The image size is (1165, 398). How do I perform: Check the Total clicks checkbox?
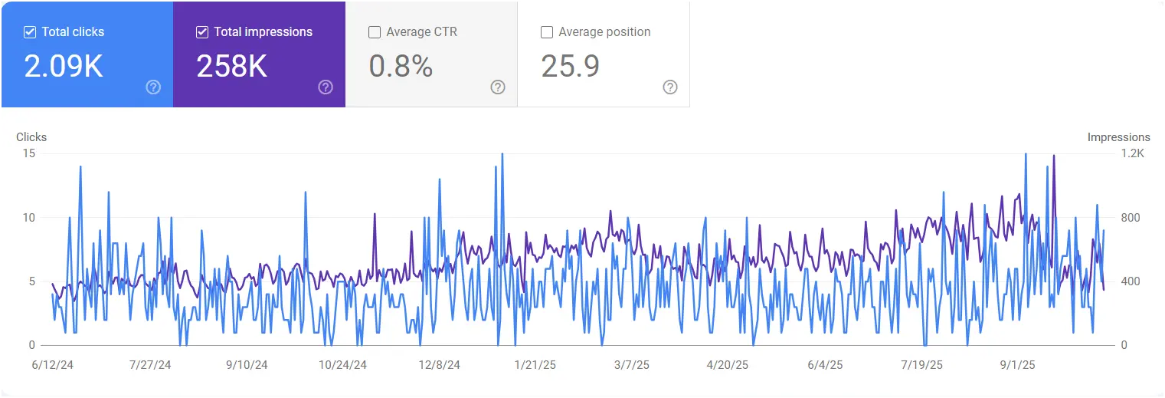point(30,32)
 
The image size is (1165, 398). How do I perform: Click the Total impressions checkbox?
point(202,32)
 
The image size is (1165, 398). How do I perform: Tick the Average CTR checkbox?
point(375,32)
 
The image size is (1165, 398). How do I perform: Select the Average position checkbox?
point(547,32)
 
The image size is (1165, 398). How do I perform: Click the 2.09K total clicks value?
point(64,67)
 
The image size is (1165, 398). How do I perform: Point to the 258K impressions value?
point(231,67)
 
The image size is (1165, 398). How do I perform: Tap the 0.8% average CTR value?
point(401,67)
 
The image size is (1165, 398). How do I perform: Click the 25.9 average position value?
point(570,67)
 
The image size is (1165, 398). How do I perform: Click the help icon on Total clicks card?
point(153,87)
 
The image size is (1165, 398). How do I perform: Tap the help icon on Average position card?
point(670,87)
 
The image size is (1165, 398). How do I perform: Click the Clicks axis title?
point(31,137)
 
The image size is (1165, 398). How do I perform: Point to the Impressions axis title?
point(1118,137)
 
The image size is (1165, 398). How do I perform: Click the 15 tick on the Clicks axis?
point(29,153)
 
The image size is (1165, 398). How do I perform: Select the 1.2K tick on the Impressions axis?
point(1132,153)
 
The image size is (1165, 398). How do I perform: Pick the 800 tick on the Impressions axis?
point(1131,218)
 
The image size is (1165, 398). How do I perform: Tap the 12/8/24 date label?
point(440,365)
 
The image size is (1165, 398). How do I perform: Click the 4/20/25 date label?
point(727,365)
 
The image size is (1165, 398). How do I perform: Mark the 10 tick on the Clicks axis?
point(29,218)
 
